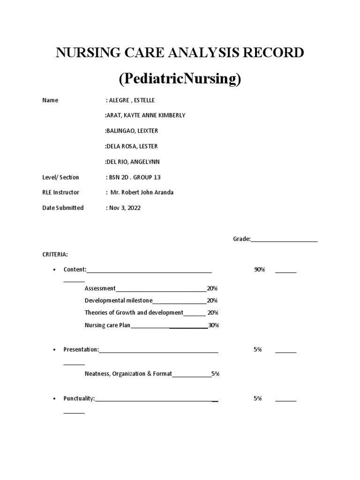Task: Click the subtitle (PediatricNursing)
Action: click(180, 79)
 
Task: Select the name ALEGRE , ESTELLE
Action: click(131, 100)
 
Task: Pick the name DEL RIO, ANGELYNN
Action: click(132, 162)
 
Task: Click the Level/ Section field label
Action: click(60, 177)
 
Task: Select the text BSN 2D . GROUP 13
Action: click(137, 177)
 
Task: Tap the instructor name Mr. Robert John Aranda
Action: click(142, 193)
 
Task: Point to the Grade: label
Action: click(242, 239)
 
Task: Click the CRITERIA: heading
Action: click(55, 254)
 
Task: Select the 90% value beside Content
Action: click(260, 270)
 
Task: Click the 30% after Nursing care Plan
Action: click(214, 325)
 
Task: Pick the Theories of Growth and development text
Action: click(134, 313)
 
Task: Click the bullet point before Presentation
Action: click(55, 350)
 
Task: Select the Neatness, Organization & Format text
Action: click(128, 374)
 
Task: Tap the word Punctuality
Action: click(79, 398)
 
